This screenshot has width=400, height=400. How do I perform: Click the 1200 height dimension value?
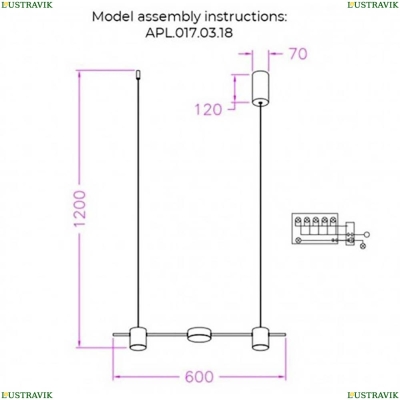pyautogui.click(x=80, y=208)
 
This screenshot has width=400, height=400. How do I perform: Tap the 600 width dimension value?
pyautogui.click(x=199, y=377)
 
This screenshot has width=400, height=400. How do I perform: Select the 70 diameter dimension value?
pyautogui.click(x=298, y=54)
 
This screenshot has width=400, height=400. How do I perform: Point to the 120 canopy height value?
pyautogui.click(x=208, y=109)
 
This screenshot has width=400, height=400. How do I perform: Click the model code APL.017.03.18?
pyautogui.click(x=189, y=33)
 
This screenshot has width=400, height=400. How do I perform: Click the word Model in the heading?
pyautogui.click(x=113, y=17)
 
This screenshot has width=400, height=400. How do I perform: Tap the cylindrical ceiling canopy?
pyautogui.click(x=260, y=88)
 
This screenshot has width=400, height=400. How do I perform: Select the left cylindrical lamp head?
pyautogui.click(x=138, y=339)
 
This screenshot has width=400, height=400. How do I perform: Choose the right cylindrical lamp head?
pyautogui.click(x=260, y=339)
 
